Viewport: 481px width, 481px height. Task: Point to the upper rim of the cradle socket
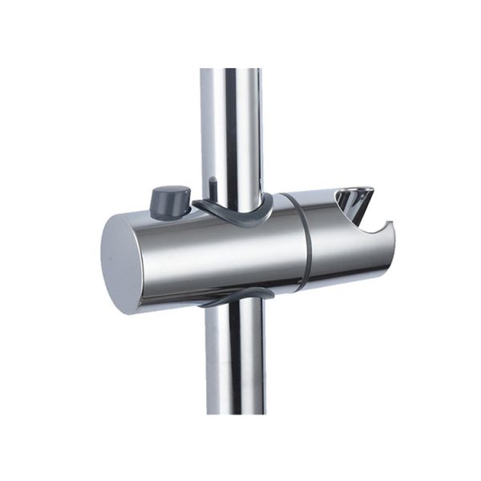click(x=353, y=191)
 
